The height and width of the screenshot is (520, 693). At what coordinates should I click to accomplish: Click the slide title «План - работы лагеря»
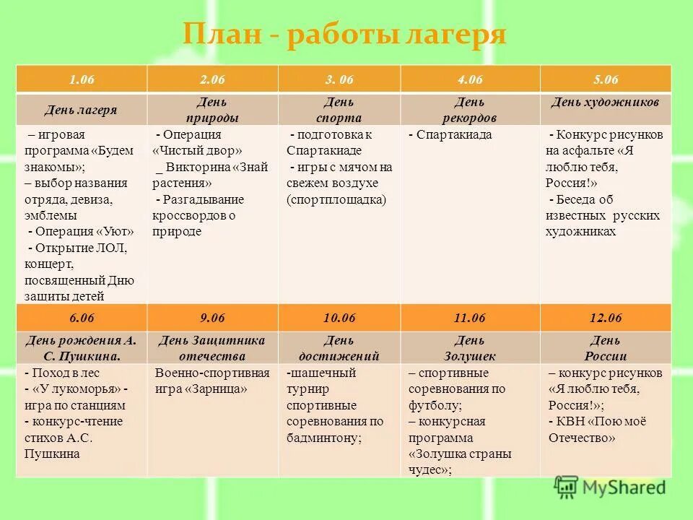pos(344,35)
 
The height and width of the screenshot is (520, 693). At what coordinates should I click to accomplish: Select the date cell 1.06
pos(82,79)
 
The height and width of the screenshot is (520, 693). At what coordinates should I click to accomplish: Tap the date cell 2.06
pos(212,79)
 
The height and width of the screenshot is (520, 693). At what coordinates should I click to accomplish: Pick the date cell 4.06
pos(469,79)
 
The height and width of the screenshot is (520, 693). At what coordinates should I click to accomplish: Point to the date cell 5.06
pos(605,79)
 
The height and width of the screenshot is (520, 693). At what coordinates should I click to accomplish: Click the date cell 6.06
pos(82,318)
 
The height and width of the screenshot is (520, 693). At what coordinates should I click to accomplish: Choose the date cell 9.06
pos(212,318)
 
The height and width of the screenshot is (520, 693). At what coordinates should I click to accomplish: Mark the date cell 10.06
pos(339,318)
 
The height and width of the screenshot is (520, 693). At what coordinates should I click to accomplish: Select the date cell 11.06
pos(469,318)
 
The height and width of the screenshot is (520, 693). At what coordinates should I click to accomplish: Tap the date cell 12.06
pos(605,318)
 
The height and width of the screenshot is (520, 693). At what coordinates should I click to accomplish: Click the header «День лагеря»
pos(81,110)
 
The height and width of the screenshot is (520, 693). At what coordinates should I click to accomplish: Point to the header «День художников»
pos(605,103)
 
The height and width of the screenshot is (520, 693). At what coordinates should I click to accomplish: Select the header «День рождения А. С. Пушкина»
pos(81,348)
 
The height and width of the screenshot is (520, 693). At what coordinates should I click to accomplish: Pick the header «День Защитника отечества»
pos(212,348)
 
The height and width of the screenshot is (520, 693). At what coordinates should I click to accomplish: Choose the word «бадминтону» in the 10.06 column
pos(322,437)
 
